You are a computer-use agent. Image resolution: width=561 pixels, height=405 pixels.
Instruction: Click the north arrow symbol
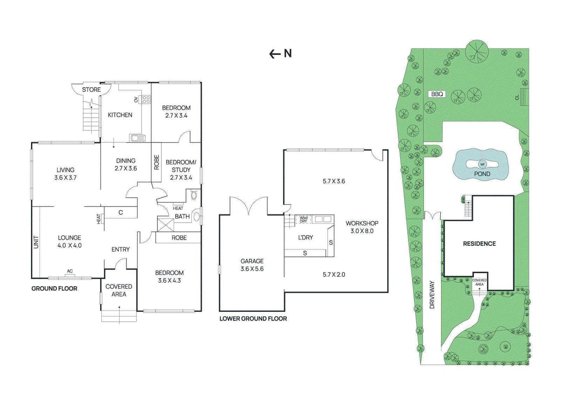click(x=275, y=54)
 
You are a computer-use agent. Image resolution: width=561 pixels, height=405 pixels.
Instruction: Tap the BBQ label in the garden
click(x=437, y=94)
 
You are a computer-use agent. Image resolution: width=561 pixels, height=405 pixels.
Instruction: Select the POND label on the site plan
click(x=482, y=174)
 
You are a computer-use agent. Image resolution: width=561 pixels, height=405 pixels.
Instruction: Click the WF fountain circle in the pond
click(x=482, y=164)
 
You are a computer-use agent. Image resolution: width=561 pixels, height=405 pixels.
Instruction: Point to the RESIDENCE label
click(x=479, y=244)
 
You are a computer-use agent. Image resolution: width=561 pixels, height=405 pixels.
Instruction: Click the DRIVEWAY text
click(x=432, y=295)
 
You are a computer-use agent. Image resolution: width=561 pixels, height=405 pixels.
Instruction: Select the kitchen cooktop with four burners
click(x=146, y=99)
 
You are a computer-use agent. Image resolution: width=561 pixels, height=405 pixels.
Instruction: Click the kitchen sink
click(x=137, y=138)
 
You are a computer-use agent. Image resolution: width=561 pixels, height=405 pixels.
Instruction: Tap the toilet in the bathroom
click(x=194, y=196)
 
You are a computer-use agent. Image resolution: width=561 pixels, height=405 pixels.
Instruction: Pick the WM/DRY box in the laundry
click(x=303, y=219)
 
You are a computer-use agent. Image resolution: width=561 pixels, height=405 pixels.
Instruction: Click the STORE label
click(x=92, y=90)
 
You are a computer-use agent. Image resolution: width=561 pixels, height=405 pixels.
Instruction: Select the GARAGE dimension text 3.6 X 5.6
click(x=252, y=269)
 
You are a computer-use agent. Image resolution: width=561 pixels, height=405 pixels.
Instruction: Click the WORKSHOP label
click(x=362, y=223)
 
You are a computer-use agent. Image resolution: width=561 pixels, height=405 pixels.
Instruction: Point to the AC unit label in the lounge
click(x=70, y=271)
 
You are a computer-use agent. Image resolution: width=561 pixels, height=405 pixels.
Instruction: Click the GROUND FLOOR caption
click(x=54, y=288)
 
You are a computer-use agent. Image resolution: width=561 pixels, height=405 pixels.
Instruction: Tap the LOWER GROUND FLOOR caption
click(x=253, y=319)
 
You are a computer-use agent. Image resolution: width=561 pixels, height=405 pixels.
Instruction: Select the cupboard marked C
click(x=121, y=212)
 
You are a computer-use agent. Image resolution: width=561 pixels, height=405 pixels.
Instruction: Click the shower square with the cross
click(x=165, y=225)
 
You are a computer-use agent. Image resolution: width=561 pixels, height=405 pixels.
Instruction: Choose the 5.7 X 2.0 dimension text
click(x=334, y=275)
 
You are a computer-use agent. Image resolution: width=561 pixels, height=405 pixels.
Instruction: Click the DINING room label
click(x=126, y=161)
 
